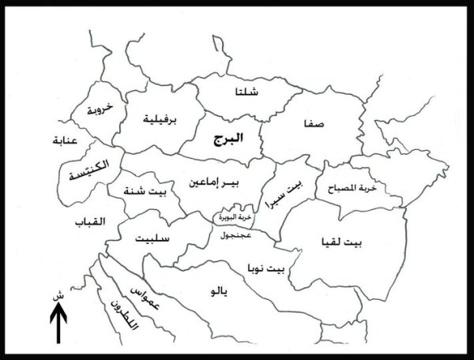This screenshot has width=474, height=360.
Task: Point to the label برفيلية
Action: pos(158,120)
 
